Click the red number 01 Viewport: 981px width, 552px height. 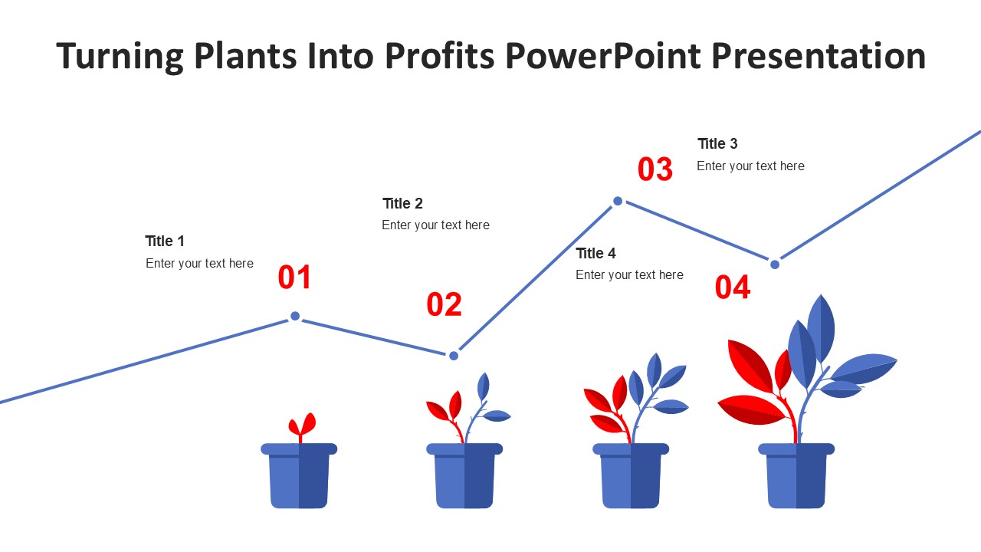tap(294, 277)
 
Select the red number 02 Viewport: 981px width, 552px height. tap(444, 304)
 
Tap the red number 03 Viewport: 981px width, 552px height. tap(655, 169)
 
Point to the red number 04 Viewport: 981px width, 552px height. tap(733, 287)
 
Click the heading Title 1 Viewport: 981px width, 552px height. tap(165, 241)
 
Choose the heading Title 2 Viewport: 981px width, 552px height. tap(402, 203)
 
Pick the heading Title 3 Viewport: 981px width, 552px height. tap(717, 143)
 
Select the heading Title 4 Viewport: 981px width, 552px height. tap(595, 253)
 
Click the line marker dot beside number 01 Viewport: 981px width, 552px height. tap(295, 316)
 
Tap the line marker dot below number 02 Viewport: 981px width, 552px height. tap(454, 355)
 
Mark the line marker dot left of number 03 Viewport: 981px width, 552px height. tap(618, 201)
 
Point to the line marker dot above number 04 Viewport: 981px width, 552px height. tap(775, 264)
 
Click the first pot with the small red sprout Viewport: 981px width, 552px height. tap(299, 475)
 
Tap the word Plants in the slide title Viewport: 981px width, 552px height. tap(245, 56)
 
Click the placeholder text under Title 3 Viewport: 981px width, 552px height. tap(750, 166)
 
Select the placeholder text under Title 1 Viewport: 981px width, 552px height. tap(200, 263)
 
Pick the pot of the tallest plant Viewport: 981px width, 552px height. tap(796, 475)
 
